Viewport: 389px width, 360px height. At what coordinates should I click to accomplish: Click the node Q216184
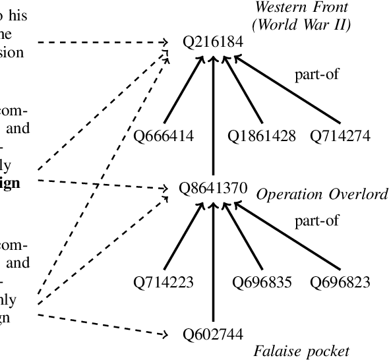tap(214, 42)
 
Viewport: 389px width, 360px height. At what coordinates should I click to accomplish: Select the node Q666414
tap(163, 136)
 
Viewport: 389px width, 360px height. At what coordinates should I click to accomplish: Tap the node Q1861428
tap(262, 136)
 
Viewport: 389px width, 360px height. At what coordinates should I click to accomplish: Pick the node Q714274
tap(340, 136)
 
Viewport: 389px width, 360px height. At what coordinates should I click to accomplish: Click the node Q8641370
tap(214, 189)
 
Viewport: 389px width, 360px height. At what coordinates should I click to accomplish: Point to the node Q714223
tap(163, 283)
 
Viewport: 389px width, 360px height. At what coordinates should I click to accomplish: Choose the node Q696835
tap(262, 283)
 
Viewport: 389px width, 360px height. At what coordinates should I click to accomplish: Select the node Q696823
tap(340, 283)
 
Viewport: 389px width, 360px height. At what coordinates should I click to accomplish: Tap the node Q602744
tap(214, 335)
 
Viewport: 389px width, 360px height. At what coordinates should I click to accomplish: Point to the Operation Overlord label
tap(321, 195)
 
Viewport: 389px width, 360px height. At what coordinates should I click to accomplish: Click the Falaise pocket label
tap(301, 350)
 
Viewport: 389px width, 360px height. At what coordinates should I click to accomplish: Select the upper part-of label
tap(317, 74)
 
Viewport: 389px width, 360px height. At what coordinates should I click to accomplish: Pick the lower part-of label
tap(317, 221)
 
